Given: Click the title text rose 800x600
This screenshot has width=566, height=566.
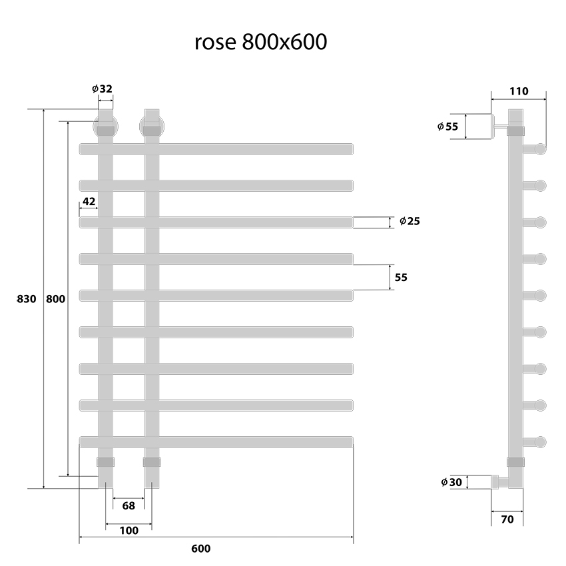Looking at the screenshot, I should tap(260, 43).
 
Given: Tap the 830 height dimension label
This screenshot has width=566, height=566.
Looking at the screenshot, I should tap(25, 299).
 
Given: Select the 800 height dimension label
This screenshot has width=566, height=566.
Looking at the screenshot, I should tap(55, 299).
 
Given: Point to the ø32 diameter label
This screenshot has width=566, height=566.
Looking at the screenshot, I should tap(103, 88).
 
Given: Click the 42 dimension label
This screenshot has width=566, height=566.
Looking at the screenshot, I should tap(89, 201).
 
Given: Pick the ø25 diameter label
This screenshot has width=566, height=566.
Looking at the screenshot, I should tap(409, 221).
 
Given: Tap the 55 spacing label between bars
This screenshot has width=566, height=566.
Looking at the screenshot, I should tap(401, 277).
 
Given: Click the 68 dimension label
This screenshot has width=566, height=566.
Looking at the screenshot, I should tap(129, 505).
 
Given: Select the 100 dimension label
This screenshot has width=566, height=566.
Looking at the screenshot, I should tap(129, 531).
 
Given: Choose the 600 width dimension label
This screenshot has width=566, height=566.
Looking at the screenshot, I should tap(200, 549).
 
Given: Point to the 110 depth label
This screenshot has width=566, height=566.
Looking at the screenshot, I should tap(518, 91).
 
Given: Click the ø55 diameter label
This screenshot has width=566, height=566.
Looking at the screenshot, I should tap(448, 127).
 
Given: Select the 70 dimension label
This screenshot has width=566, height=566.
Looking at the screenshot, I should tap(507, 519).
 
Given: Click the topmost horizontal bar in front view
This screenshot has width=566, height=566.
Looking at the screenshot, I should tap(216, 149).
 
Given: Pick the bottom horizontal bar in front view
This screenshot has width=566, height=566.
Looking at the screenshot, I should tap(216, 441).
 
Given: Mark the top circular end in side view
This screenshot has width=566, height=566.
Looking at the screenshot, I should tap(539, 148).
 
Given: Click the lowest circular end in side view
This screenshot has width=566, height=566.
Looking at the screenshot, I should tap(539, 441).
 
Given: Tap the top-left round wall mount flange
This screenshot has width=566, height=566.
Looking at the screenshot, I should tap(105, 125).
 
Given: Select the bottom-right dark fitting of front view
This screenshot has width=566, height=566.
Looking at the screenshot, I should tap(152, 461).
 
